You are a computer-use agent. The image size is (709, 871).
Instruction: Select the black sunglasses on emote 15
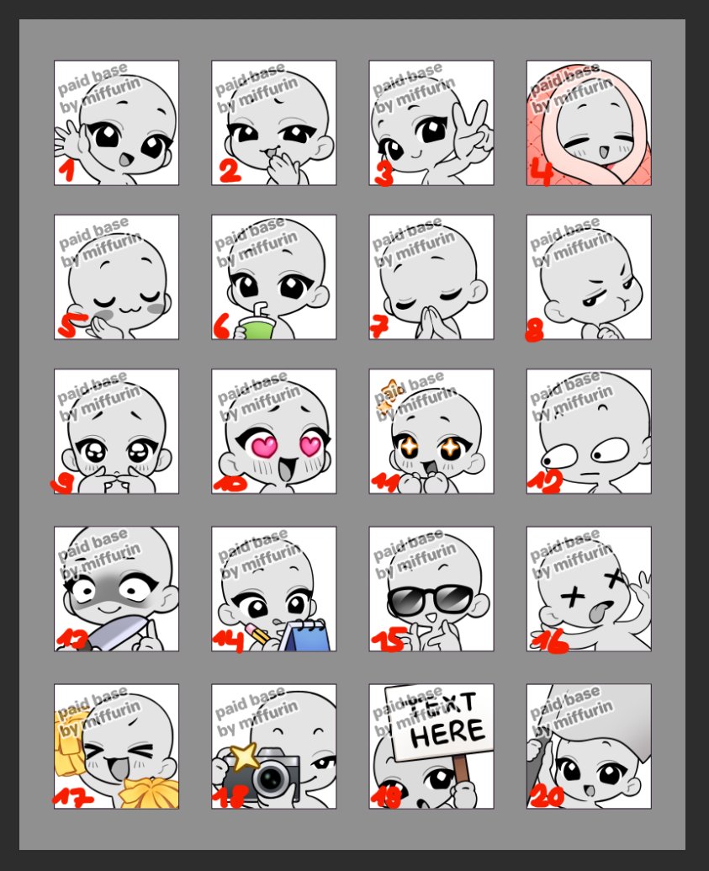pyautogui.click(x=430, y=599)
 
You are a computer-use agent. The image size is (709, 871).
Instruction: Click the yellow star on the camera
pyautogui.click(x=245, y=757)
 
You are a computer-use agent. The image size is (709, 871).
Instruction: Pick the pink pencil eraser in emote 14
pyautogui.click(x=251, y=629)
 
